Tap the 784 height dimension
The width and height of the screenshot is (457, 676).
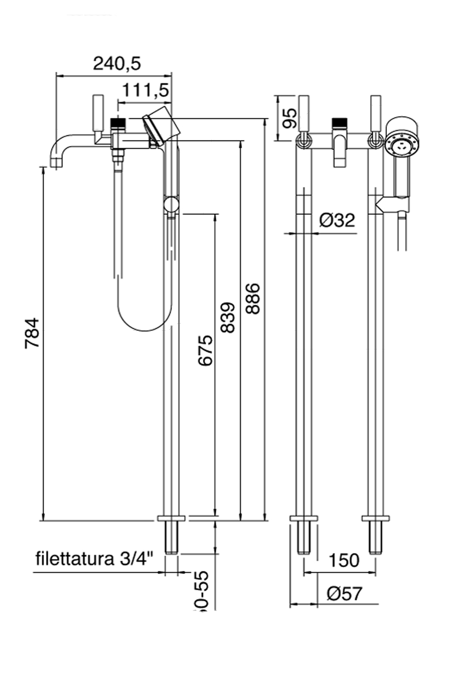(32, 333)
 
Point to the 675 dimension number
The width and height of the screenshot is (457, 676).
(205, 350)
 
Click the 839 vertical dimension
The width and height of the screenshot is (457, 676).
(228, 317)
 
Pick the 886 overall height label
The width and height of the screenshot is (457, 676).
(252, 298)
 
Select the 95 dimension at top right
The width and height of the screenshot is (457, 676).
(289, 118)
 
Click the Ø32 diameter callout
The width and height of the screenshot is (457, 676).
(337, 220)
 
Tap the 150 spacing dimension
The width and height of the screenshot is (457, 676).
(343, 560)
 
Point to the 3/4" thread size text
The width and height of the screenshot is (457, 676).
(136, 559)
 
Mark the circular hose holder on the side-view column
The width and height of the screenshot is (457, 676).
(171, 205)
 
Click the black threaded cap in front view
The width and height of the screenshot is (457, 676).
(339, 122)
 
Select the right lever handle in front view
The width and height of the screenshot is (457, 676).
(376, 113)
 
